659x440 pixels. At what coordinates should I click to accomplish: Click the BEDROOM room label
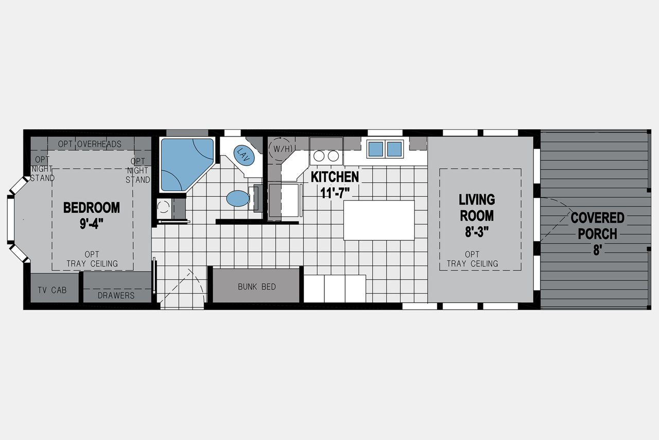(92, 208)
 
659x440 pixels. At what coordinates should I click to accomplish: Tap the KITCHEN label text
(335, 177)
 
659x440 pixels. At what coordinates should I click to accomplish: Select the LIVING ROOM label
(477, 208)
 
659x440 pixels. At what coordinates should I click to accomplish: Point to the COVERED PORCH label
(598, 226)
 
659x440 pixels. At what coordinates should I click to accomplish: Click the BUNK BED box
(256, 285)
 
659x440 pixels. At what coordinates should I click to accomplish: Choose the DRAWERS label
(116, 295)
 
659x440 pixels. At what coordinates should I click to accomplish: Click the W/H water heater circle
(281, 149)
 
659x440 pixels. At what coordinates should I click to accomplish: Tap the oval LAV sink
(244, 155)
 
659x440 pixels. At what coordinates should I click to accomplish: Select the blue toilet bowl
(238, 198)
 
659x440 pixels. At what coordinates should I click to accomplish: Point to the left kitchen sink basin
(376, 149)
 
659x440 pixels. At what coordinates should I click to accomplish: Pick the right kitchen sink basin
(394, 149)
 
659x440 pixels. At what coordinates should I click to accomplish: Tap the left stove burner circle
(319, 156)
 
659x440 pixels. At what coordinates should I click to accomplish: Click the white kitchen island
(379, 221)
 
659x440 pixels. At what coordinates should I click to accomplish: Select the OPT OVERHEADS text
(90, 144)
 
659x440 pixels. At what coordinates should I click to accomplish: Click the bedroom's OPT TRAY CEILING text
(92, 259)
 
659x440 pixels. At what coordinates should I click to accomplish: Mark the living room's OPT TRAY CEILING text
(473, 259)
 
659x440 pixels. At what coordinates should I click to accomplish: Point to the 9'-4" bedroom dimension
(92, 224)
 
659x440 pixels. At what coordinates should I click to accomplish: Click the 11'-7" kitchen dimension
(335, 193)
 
